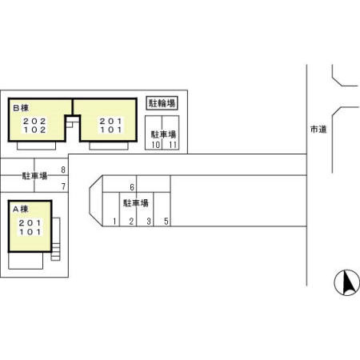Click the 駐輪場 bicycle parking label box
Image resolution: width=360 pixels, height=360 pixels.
(162, 103)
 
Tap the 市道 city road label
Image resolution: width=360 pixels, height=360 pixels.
(318, 130)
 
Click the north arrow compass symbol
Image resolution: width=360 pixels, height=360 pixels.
(347, 282)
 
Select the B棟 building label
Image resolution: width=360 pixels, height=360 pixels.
(21, 108)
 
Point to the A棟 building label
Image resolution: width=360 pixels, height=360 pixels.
(21, 209)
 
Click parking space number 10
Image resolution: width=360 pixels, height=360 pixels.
(156, 145)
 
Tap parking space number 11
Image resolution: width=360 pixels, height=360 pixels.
(173, 145)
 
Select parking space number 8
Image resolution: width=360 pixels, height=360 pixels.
(63, 170)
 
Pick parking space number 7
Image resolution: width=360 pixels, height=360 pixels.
(63, 186)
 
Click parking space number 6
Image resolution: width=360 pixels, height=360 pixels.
(132, 187)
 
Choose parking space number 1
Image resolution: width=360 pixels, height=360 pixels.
(114, 222)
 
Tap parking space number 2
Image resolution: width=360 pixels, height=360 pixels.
(131, 222)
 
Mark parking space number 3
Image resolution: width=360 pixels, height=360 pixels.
(149, 222)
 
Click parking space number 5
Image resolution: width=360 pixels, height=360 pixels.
(166, 222)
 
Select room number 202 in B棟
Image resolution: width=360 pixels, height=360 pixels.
(34, 122)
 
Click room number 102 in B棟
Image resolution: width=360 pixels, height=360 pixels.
(34, 130)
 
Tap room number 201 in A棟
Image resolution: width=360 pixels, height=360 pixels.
(30, 223)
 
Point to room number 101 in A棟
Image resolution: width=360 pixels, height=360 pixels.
(30, 232)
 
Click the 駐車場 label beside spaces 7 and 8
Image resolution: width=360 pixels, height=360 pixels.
(34, 176)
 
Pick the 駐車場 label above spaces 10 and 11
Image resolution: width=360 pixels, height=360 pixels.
(163, 134)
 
